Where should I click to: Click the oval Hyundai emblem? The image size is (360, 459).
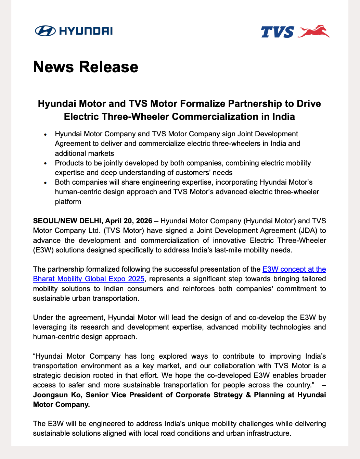45,31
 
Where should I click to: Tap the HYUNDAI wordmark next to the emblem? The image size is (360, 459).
86,31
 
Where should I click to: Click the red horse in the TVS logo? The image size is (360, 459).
314,31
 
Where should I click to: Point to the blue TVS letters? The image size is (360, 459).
277,32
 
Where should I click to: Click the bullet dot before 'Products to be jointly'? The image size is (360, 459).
46,164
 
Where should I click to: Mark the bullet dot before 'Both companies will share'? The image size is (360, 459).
46,183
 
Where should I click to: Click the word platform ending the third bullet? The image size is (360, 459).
68,201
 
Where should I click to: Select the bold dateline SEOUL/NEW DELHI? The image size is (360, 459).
68,221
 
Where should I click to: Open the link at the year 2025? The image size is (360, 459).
136,279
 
